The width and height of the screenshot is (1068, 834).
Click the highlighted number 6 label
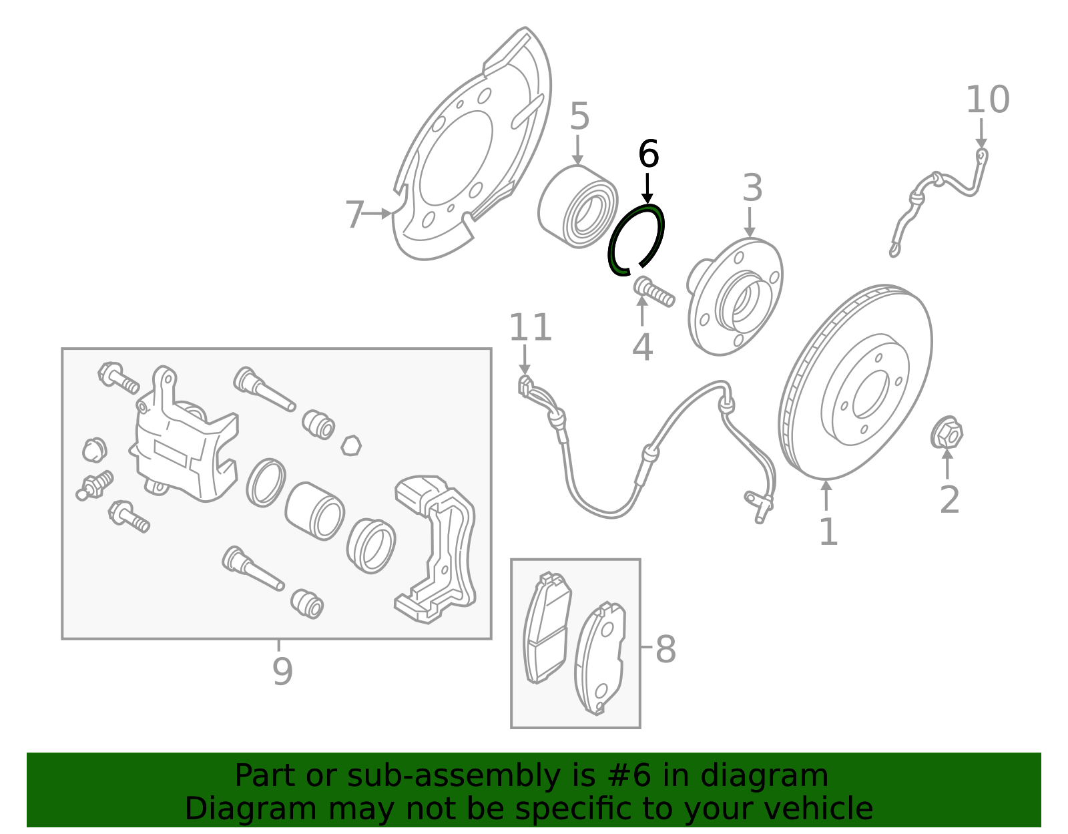[648, 154]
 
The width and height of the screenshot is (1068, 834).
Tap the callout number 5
[579, 117]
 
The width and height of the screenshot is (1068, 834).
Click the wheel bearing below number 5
[578, 207]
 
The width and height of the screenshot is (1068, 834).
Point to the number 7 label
[355, 215]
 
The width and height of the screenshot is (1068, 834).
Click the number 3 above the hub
[752, 188]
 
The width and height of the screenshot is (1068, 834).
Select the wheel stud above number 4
[653, 292]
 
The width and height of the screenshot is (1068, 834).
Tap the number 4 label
[642, 347]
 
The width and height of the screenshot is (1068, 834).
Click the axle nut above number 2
[947, 434]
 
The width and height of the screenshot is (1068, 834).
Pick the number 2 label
[949, 499]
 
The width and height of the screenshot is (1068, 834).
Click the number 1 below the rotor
[828, 532]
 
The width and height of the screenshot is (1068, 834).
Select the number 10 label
[987, 100]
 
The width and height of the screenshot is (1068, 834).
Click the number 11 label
[531, 328]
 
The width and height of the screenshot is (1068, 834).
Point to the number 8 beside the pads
[665, 649]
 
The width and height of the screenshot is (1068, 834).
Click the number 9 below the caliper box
[282, 670]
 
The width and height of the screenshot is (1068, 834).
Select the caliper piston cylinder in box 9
[314, 511]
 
